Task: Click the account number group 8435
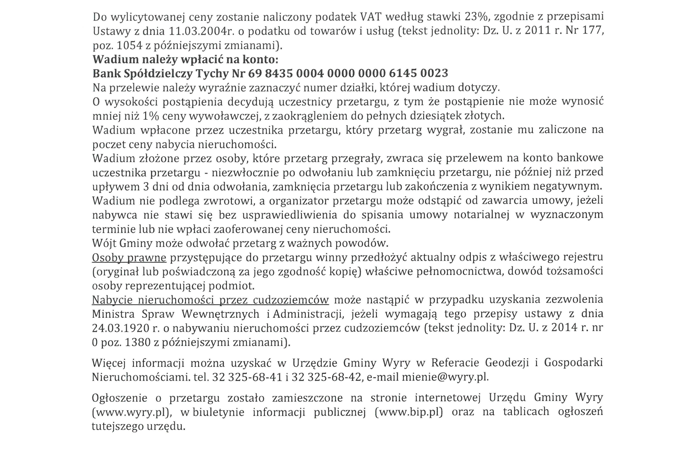pyautogui.click(x=279, y=74)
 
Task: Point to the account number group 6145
pyautogui.click(x=403, y=74)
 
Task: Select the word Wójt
pyautogui.click(x=103, y=243)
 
